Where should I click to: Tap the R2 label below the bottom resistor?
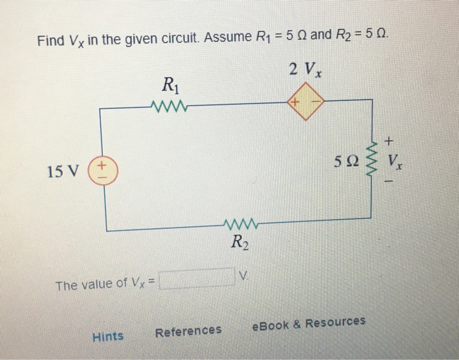point(239,245)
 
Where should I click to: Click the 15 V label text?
point(62,172)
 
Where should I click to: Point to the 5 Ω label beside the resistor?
point(346,161)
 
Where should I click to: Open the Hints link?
point(108,336)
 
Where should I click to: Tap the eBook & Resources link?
point(309,323)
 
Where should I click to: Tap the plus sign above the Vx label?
point(391,140)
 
